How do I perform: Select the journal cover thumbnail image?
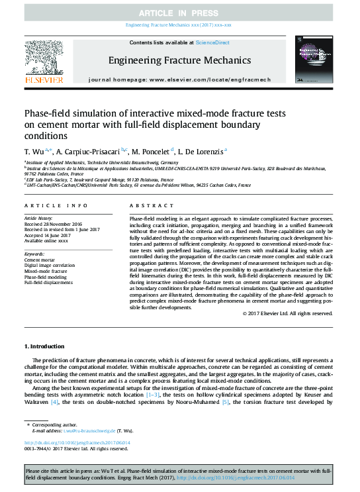coord(314,62)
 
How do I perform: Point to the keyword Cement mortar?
coord(40,261)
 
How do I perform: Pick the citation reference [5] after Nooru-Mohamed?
coord(226,402)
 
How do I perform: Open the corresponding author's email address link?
coord(89,430)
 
